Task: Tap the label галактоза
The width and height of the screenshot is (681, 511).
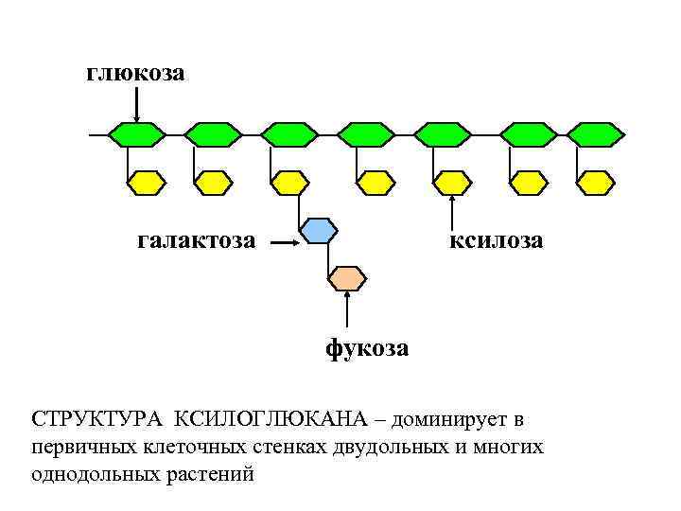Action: [x=196, y=241]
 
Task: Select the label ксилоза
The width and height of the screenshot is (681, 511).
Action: [x=496, y=241]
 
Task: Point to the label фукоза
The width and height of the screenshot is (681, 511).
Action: [x=368, y=348]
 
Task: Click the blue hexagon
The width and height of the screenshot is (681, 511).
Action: [x=318, y=230]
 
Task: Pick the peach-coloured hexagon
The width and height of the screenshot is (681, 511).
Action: [x=347, y=277]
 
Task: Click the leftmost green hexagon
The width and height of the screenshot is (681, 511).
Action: [x=136, y=134]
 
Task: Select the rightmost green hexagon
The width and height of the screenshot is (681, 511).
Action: [x=596, y=134]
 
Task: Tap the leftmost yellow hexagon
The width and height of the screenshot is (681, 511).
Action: [x=147, y=182]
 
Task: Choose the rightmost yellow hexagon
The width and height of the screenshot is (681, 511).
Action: [x=596, y=182]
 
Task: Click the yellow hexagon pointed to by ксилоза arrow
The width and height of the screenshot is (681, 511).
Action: [x=452, y=182]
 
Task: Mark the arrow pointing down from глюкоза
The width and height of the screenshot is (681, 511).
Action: [x=136, y=104]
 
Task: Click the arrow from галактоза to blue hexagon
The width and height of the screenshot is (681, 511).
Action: [x=285, y=243]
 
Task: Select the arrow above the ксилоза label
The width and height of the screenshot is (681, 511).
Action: [x=452, y=213]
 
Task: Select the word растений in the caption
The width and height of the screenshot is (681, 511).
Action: [x=211, y=473]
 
